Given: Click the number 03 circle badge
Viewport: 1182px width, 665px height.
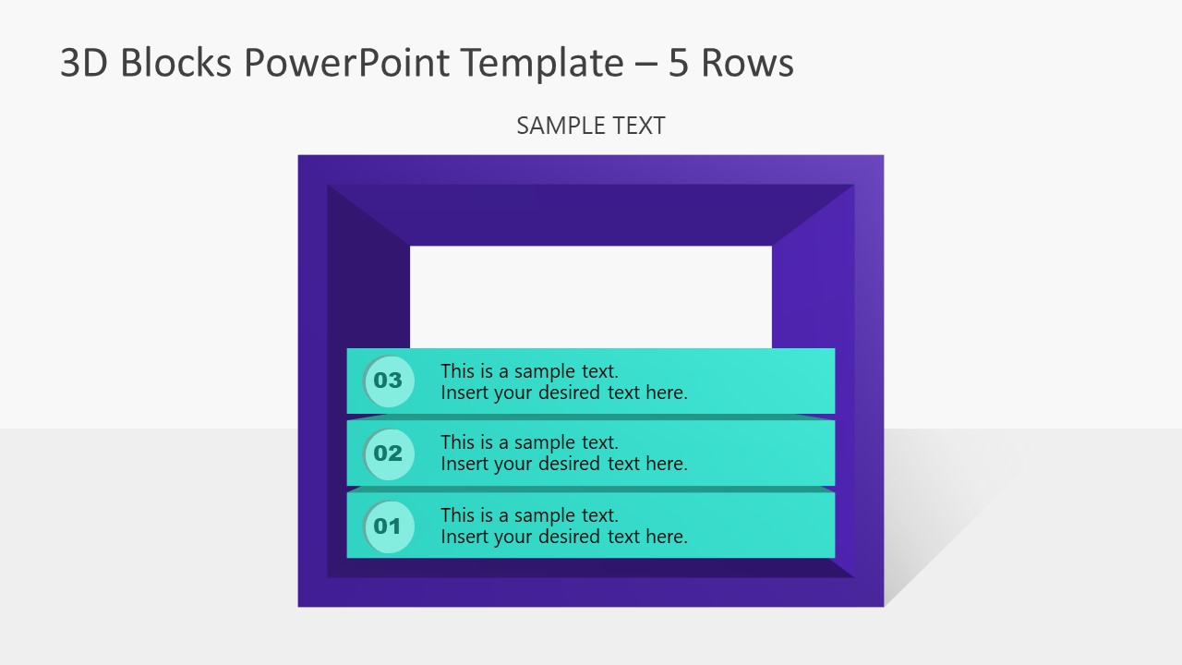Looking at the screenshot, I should (389, 381).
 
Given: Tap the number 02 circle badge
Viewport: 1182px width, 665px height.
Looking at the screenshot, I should (389, 453).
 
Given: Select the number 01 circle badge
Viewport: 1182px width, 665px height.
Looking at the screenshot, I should (389, 526).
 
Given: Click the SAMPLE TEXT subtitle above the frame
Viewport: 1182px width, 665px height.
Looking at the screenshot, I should (591, 126).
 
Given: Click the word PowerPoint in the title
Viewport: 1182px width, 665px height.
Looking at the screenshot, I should (346, 63).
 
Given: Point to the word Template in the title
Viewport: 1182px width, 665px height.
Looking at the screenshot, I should (545, 63).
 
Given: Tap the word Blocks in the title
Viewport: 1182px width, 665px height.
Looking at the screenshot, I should (175, 63).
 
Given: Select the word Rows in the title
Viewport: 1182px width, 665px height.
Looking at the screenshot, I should (747, 63).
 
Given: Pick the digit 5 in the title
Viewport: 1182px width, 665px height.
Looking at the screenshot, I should (679, 63).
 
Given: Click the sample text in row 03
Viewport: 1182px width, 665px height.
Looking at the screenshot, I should (563, 381).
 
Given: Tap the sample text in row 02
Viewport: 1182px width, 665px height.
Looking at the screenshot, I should (563, 453).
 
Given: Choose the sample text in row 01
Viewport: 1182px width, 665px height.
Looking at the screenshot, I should (563, 526).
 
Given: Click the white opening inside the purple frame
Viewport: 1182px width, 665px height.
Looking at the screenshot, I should (591, 296).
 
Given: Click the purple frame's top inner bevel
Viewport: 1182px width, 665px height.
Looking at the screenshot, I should (591, 214).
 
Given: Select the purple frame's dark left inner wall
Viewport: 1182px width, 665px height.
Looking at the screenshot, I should (368, 305).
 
